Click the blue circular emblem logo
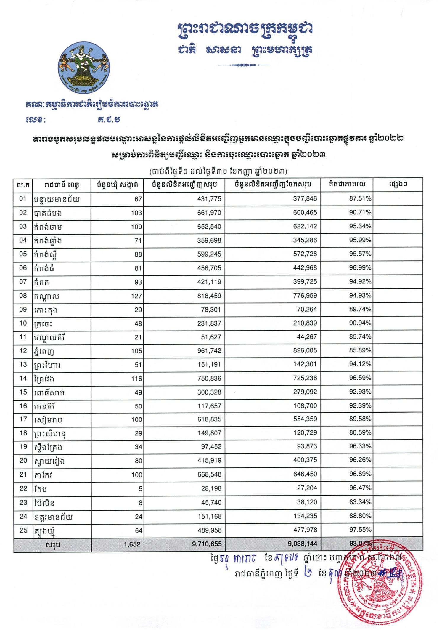(84, 68)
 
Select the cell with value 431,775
(209, 199)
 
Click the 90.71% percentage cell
(360, 212)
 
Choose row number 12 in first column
(23, 351)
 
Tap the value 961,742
(209, 351)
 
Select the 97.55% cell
(360, 530)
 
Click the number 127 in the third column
(136, 296)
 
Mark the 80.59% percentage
(360, 433)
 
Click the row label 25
(23, 530)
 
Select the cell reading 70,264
(307, 310)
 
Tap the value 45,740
(211, 502)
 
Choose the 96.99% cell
(360, 268)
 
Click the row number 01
(23, 198)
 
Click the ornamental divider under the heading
(244, 65)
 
